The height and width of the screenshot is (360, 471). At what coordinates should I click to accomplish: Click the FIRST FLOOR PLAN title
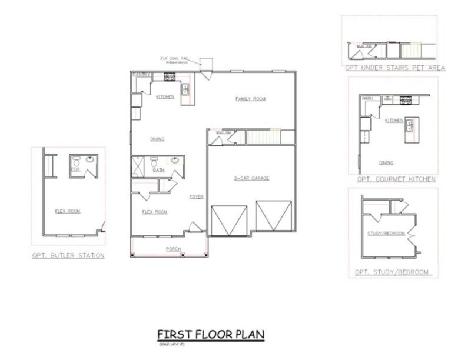(210, 334)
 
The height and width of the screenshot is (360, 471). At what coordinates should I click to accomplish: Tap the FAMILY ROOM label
(250, 99)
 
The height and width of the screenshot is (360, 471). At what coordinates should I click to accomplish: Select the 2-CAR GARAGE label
(250, 178)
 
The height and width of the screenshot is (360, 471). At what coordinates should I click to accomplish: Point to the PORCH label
(173, 249)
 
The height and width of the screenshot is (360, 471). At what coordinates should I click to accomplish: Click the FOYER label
(196, 196)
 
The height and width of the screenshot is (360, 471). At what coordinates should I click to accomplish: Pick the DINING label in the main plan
(157, 139)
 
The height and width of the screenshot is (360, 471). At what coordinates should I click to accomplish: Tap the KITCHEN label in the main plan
(165, 96)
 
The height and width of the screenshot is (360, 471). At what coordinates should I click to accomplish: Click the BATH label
(158, 170)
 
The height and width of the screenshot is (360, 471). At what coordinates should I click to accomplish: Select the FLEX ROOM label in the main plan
(155, 211)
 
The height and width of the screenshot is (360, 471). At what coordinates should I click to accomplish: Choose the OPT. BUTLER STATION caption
(69, 255)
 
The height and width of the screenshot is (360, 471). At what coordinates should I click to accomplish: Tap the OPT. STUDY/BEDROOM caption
(392, 272)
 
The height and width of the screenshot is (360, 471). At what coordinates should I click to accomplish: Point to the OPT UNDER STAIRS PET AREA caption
(395, 68)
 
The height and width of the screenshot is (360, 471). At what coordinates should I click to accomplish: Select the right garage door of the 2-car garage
(273, 215)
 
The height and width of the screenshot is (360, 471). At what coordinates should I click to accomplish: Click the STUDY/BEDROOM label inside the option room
(387, 234)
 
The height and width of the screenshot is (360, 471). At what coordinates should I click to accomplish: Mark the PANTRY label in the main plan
(141, 75)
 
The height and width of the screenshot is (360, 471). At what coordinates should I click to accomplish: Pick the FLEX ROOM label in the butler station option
(68, 211)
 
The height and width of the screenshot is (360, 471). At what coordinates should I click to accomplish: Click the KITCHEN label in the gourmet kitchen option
(394, 121)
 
